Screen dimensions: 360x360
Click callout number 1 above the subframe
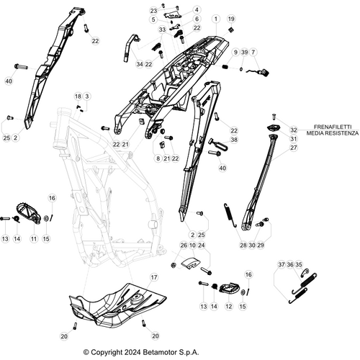(215, 18)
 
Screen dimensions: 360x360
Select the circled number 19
(231, 18)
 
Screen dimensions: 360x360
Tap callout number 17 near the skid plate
(153, 277)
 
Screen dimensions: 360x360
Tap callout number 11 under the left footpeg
(33, 238)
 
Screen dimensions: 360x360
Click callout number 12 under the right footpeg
(229, 306)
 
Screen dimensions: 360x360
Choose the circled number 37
(281, 265)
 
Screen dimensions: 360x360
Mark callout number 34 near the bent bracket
(139, 64)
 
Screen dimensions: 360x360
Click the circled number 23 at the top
(153, 11)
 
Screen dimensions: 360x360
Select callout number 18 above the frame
(78, 96)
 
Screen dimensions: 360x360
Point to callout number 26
(184, 246)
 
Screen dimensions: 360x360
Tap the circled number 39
(244, 53)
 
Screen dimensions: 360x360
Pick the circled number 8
(158, 158)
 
